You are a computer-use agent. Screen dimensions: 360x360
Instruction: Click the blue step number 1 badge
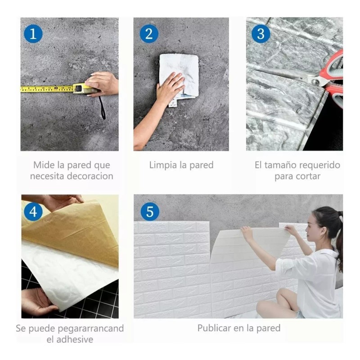[33, 34]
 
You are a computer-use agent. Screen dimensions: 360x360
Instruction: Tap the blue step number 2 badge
[148, 34]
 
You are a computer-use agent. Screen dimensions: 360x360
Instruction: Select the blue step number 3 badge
[261, 34]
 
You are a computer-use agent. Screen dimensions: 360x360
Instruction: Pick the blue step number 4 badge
[33, 211]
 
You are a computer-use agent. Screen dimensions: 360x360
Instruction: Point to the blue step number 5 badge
[149, 211]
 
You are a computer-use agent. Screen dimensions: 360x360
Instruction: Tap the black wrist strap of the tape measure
[102, 108]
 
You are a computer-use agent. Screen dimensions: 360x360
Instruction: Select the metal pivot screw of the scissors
[316, 81]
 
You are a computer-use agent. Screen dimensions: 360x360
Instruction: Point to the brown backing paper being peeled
[72, 234]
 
